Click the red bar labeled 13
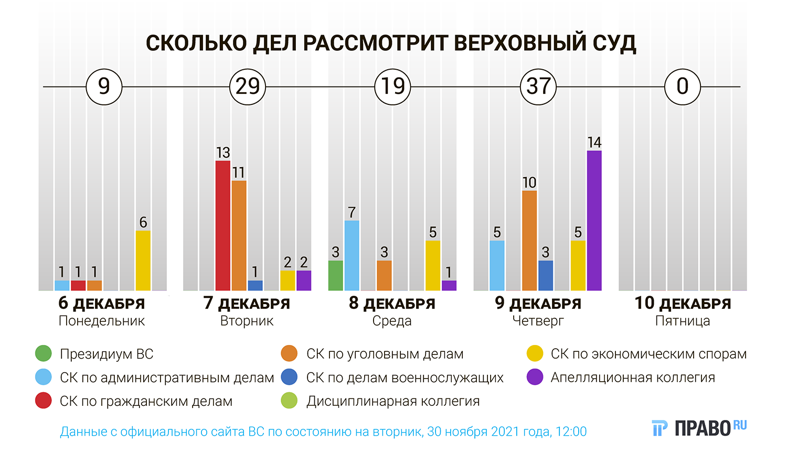pos(223,225)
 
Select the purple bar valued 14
pos(594,220)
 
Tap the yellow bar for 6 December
pos(143,261)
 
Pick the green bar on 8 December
pos(336,275)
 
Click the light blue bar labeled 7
pos(352,255)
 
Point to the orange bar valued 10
pos(529,240)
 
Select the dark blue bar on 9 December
pos(546,275)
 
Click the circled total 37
pos(538,87)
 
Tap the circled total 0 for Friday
pos(683,87)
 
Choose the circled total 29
pos(248,87)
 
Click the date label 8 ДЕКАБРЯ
pos(392,304)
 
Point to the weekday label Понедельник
pos(102,321)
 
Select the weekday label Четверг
pos(538,321)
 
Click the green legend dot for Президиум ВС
pos(44,354)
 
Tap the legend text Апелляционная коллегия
pos(633,377)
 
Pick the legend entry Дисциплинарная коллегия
pos(393,401)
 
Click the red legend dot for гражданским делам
pos(44,401)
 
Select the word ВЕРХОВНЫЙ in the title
pos(520,43)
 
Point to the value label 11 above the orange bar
pos(239,172)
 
